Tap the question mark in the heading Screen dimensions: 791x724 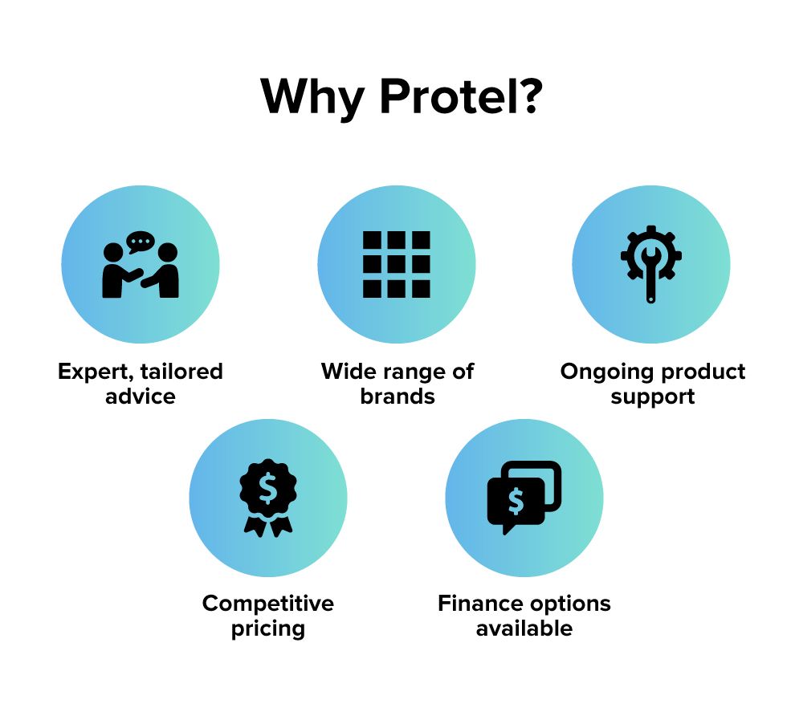[530, 96]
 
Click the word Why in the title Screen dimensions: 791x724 [312, 99]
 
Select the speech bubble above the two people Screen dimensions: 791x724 [141, 242]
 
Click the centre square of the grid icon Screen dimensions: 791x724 [397, 264]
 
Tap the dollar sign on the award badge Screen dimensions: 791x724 [268, 488]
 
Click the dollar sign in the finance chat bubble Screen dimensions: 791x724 [516, 501]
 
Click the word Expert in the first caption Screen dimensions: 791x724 [96, 372]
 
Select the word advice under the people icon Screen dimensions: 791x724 [141, 397]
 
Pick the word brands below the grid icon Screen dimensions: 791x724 [398, 397]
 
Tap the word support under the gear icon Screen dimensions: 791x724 [653, 397]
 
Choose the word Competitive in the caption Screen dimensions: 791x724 [268, 604]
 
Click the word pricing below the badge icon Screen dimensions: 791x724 [268, 629]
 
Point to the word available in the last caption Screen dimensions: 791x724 [524, 628]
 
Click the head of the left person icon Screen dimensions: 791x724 [113, 252]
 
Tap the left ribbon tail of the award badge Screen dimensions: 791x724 [255, 526]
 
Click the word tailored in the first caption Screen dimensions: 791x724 [181, 372]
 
